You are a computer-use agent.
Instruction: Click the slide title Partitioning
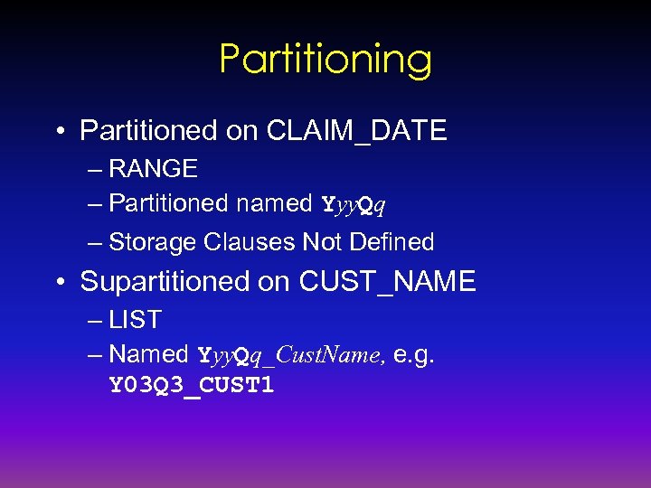tap(325, 60)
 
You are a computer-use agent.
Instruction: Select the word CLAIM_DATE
tap(356, 131)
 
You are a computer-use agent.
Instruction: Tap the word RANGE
tap(153, 169)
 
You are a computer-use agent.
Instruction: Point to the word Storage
tap(153, 242)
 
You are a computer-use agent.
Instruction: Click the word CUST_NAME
tap(387, 282)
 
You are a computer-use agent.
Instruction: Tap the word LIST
tap(135, 320)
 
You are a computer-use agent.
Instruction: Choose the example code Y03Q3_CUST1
tap(192, 386)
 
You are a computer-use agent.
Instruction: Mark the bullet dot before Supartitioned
tap(59, 283)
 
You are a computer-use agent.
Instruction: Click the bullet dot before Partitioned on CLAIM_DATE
tap(59, 132)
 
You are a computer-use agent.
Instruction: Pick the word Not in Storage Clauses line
tap(323, 242)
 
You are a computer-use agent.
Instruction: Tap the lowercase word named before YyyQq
tap(273, 203)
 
